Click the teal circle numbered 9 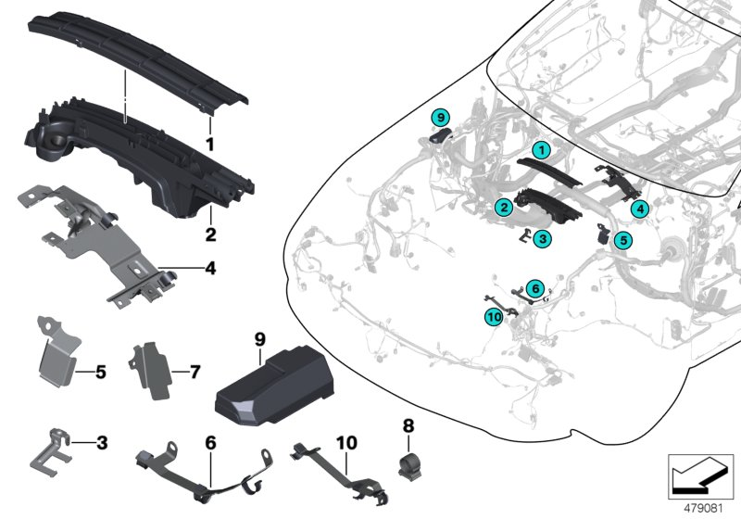[441, 117]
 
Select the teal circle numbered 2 [501, 208]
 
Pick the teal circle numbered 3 [543, 238]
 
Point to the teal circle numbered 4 [640, 210]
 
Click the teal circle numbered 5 [622, 239]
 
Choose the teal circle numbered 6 [534, 288]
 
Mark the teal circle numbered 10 [492, 318]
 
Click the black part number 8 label [408, 427]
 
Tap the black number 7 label [195, 373]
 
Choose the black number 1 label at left [210, 145]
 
